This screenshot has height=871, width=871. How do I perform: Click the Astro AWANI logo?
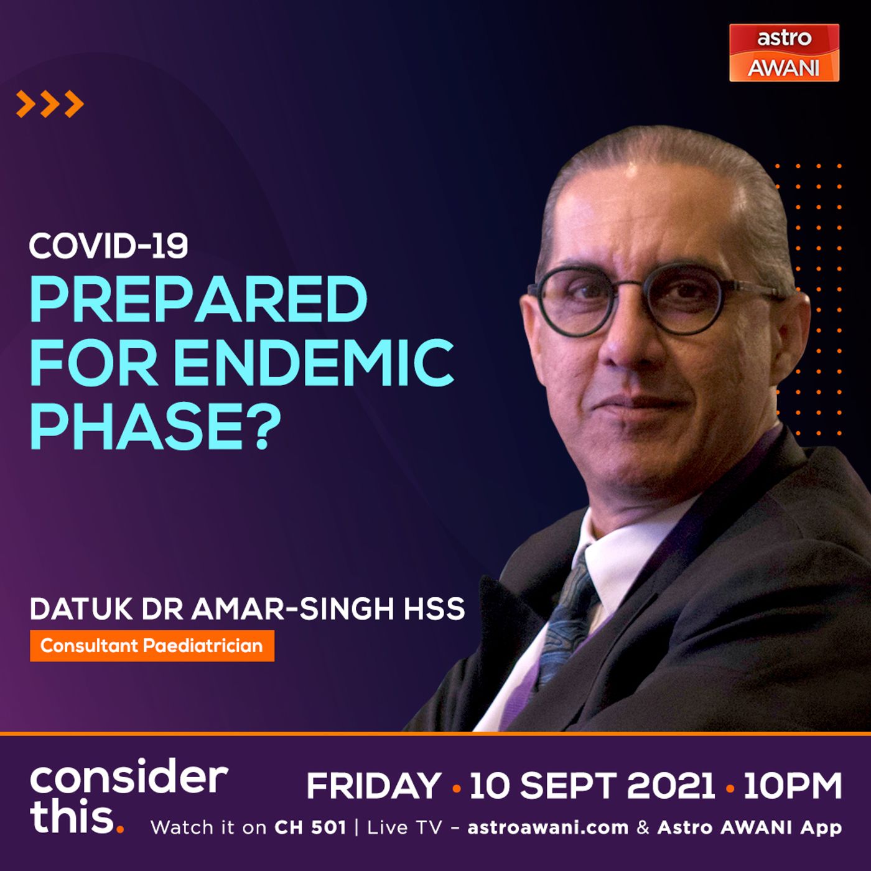click(785, 53)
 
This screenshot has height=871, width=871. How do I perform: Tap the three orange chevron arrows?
click(50, 104)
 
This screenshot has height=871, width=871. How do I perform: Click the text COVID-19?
click(108, 246)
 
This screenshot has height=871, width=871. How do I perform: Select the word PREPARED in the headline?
click(198, 299)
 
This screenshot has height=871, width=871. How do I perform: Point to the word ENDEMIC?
click(314, 363)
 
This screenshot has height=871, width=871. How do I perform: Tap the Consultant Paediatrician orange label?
click(152, 645)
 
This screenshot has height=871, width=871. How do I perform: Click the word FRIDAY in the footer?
click(374, 786)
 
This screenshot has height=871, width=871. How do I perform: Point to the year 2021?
click(671, 786)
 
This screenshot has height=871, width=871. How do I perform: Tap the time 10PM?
click(793, 786)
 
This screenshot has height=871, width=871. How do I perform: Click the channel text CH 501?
click(310, 827)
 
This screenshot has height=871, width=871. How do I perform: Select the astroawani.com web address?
click(548, 828)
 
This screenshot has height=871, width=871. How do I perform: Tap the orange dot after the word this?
click(120, 829)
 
